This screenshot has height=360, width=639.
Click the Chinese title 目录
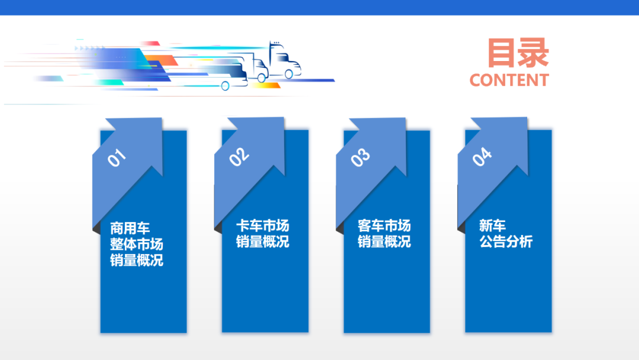click(x=518, y=53)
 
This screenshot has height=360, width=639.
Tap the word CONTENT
click(x=509, y=80)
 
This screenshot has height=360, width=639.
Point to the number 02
click(x=239, y=156)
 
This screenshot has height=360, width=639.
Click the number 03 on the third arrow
click(x=360, y=157)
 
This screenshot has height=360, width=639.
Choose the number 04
click(x=482, y=157)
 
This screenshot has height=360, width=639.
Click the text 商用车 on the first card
click(x=130, y=227)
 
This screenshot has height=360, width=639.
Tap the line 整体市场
click(x=136, y=244)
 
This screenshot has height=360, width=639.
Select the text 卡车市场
click(x=262, y=226)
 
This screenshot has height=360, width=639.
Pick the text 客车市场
click(x=383, y=226)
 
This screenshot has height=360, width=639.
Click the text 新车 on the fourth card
click(x=492, y=226)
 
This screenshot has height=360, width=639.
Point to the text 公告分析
click(x=506, y=242)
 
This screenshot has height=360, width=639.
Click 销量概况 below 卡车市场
click(x=262, y=242)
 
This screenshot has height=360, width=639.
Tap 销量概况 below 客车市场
click(x=383, y=242)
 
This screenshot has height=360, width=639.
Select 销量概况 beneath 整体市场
click(x=136, y=260)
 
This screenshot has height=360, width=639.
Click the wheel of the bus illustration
click(x=225, y=86)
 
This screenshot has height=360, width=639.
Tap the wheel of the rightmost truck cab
click(x=289, y=74)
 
